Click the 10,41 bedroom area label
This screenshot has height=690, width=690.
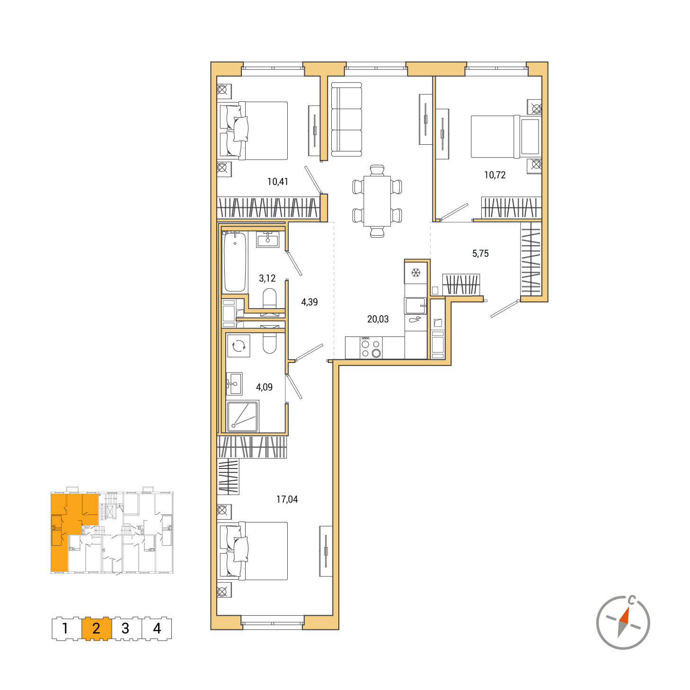277,182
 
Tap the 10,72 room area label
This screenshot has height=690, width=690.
495,175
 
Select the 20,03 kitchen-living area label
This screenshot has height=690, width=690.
378,318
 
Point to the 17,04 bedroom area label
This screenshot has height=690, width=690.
287,499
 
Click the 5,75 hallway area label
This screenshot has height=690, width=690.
480,254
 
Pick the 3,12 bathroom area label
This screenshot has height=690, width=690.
267,278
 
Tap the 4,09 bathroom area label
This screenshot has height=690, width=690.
264,387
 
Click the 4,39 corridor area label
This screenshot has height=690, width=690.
310,302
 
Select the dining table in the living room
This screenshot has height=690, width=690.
377,201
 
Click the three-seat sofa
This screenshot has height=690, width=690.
346,120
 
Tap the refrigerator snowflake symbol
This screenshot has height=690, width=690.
416,273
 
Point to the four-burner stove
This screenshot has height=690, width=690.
371,348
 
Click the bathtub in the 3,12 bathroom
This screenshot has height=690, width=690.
235,262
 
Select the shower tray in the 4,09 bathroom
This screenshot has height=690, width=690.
243,416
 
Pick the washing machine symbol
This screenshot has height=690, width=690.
239,345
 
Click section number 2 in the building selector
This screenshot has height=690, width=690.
96,628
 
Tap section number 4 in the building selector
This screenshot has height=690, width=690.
157,628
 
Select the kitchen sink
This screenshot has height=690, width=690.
416,305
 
